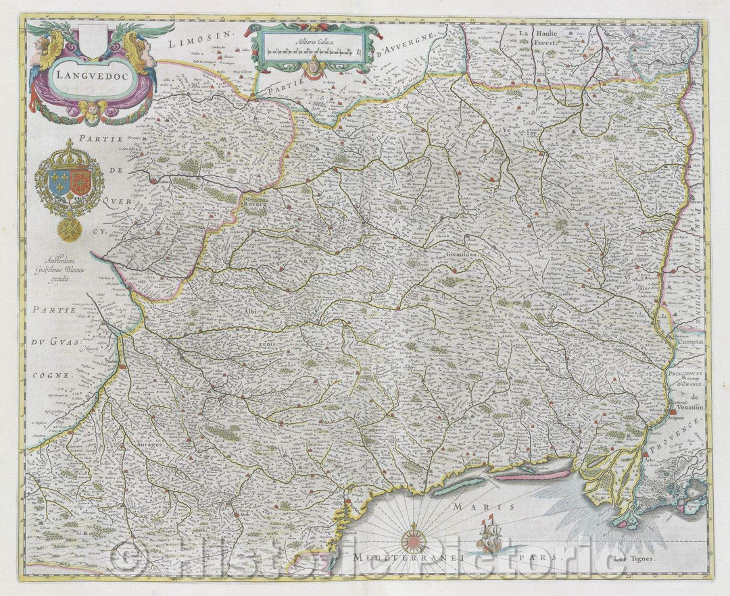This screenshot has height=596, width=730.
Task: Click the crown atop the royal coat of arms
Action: pyautogui.click(x=69, y=150)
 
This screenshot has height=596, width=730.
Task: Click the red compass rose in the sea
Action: pyautogui.click(x=413, y=541)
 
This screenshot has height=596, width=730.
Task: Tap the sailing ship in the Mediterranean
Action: pyautogui.click(x=487, y=535)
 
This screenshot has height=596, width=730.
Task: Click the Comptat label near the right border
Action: pyautogui.click(x=688, y=343)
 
